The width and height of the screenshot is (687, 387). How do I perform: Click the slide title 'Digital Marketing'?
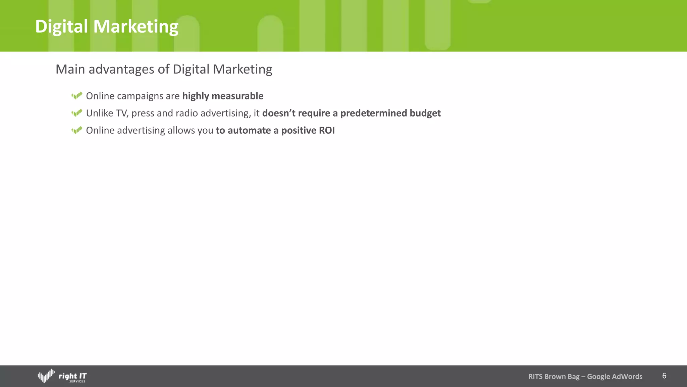107,27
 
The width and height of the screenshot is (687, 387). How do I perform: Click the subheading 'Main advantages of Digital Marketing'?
164,69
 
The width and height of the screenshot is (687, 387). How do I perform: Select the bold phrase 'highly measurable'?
223,96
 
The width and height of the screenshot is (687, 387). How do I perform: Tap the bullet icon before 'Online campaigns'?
77,96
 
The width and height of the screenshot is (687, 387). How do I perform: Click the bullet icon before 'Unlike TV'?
77,113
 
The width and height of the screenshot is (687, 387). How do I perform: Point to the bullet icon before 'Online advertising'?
77,130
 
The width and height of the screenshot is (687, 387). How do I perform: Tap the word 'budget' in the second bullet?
425,113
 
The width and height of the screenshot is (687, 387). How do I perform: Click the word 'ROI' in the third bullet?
327,130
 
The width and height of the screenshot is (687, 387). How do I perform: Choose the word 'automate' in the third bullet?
249,130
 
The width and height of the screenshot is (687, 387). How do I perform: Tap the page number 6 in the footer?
664,376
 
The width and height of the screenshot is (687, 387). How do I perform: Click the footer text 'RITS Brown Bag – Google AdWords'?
585,377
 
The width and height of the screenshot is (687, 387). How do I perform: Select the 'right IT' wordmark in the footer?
72,376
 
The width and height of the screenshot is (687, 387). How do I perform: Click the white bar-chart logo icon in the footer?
46,376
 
